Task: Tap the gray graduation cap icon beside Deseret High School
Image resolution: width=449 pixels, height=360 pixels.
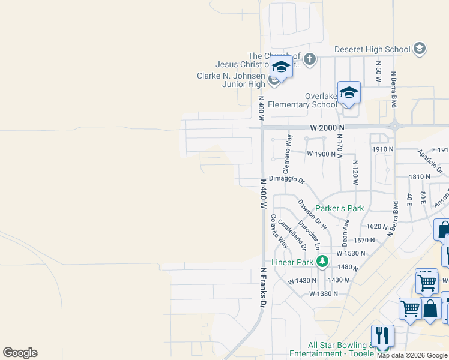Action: coord(420,49)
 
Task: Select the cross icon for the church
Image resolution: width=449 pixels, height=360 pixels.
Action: coord(309,59)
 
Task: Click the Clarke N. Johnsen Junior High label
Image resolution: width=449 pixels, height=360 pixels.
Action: coord(231,80)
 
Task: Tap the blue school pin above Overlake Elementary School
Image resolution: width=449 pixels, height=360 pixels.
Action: coord(349,92)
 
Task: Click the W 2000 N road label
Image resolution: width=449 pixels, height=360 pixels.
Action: coord(327,128)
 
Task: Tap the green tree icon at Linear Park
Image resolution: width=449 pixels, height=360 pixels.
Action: coord(322,261)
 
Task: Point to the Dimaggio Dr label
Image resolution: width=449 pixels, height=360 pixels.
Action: coord(287,179)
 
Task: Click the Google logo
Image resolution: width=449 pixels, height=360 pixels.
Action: coord(20,353)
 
